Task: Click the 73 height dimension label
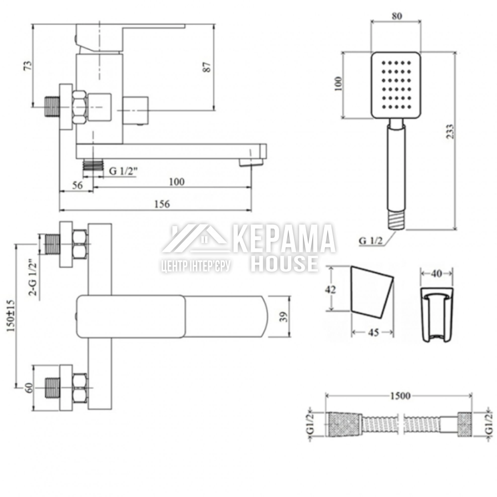pyautogui.click(x=28, y=66)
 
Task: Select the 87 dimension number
pyautogui.click(x=207, y=67)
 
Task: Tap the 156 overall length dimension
pyautogui.click(x=162, y=204)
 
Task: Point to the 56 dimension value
pyautogui.click(x=77, y=185)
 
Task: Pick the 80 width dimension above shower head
pyautogui.click(x=397, y=16)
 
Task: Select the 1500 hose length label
pyautogui.click(x=400, y=396)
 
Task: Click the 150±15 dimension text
pyautogui.click(x=11, y=316)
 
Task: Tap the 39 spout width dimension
pyautogui.click(x=284, y=317)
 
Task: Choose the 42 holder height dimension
pyautogui.click(x=331, y=289)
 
